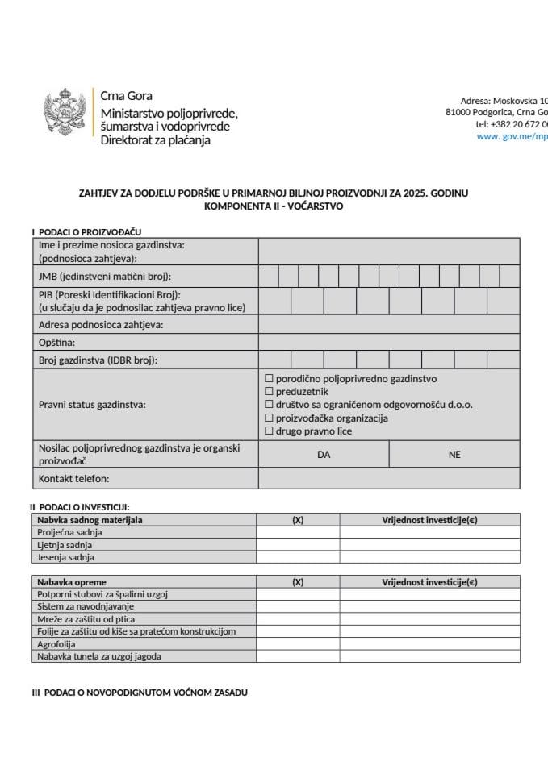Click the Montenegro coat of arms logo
(x=65, y=117)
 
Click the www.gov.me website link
(x=512, y=136)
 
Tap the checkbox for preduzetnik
(x=270, y=391)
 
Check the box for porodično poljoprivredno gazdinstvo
(x=270, y=377)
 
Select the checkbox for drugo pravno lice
(x=270, y=431)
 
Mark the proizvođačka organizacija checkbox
(x=270, y=418)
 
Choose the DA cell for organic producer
(x=324, y=454)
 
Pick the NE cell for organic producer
(x=454, y=454)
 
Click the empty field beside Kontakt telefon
(x=389, y=479)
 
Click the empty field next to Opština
(x=389, y=342)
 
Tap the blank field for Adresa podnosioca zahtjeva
(x=389, y=324)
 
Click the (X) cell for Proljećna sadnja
(x=298, y=532)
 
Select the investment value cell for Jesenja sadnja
(x=429, y=557)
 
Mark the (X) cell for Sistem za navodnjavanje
(x=298, y=606)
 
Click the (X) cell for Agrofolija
(x=298, y=644)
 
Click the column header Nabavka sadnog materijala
(x=90, y=520)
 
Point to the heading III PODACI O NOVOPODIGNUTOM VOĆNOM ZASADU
(x=140, y=693)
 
